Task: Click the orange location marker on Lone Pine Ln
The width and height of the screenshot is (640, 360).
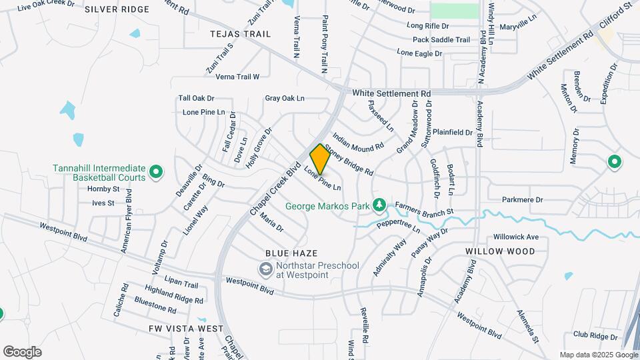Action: click(x=320, y=159)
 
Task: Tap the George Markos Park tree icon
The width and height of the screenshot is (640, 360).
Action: click(x=379, y=203)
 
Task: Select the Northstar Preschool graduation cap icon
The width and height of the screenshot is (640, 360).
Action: click(x=265, y=269)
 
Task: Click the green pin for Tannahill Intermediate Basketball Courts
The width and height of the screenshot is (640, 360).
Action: click(x=156, y=173)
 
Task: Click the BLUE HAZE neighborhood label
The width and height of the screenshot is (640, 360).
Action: click(x=291, y=253)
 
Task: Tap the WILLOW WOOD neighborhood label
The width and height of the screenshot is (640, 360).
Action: click(x=500, y=251)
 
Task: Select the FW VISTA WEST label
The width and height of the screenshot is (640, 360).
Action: click(x=187, y=329)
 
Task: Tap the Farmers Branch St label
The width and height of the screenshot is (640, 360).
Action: click(x=424, y=209)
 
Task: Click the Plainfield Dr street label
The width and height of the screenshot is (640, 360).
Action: click(x=452, y=132)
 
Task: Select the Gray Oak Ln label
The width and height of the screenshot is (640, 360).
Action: click(x=285, y=98)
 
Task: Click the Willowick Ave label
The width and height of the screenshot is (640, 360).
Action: click(x=515, y=237)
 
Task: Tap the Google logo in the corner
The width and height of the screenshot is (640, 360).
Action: click(x=21, y=352)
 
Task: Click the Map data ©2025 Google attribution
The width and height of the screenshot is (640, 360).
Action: click(x=597, y=355)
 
